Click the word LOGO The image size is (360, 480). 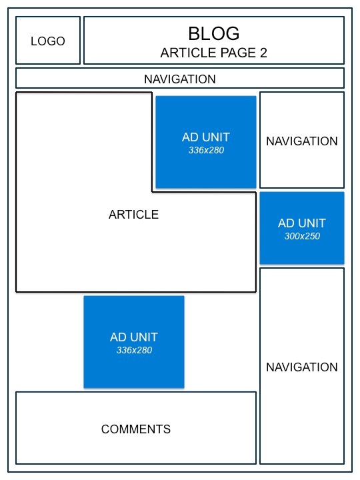[x=48, y=41]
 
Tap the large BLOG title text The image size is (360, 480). [x=213, y=33]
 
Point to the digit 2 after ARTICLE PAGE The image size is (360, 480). [x=263, y=53]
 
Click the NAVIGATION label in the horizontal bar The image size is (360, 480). [x=180, y=79]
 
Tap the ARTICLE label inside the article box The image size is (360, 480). [x=133, y=215]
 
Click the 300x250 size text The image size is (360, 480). [x=302, y=236]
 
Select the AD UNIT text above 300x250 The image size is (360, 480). [x=302, y=223]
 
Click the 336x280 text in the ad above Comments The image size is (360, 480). [x=134, y=350]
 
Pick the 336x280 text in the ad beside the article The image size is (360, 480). [x=206, y=150]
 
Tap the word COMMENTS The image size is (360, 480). [x=136, y=429]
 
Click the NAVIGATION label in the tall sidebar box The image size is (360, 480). [x=302, y=367]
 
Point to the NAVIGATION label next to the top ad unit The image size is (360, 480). [x=302, y=141]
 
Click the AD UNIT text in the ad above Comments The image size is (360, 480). [x=134, y=337]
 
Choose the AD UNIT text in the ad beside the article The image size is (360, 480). [x=206, y=137]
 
